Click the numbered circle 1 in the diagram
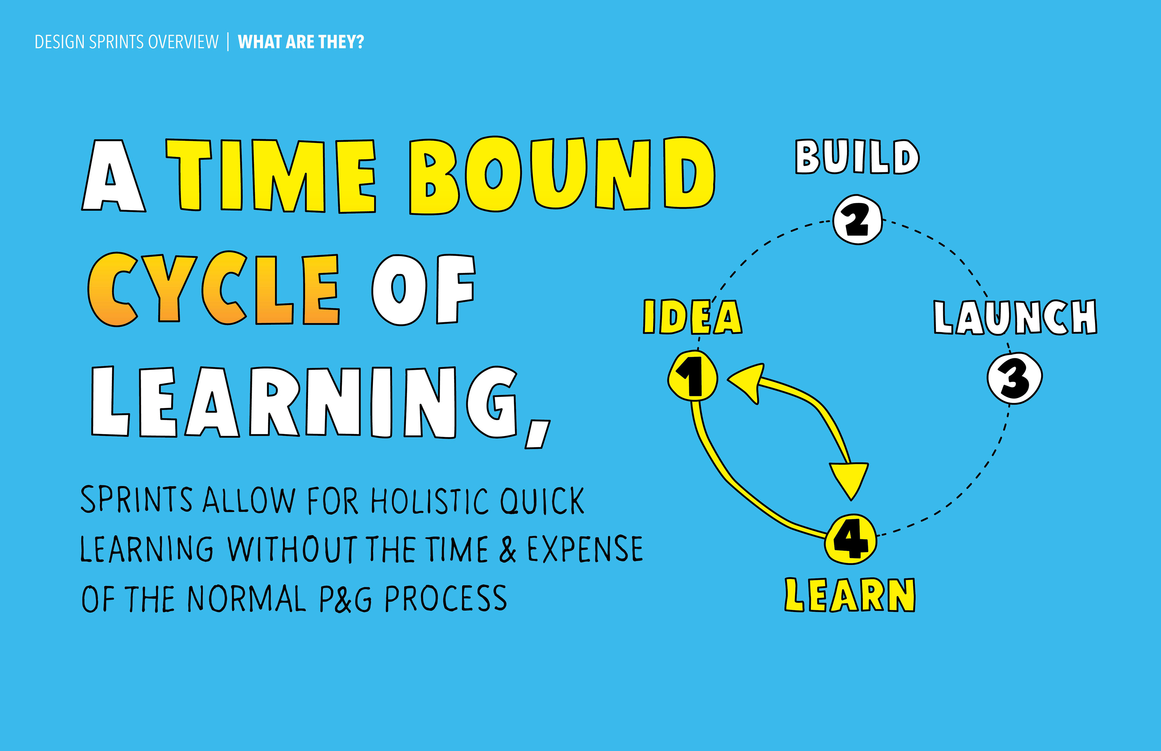[693, 375]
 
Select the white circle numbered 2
[857, 219]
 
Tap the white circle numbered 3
[1015, 378]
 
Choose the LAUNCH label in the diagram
[1015, 317]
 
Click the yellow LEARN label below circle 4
[850, 595]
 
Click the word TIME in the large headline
[271, 176]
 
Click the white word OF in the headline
[423, 289]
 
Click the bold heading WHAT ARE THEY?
[301, 42]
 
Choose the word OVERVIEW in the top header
[184, 42]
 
